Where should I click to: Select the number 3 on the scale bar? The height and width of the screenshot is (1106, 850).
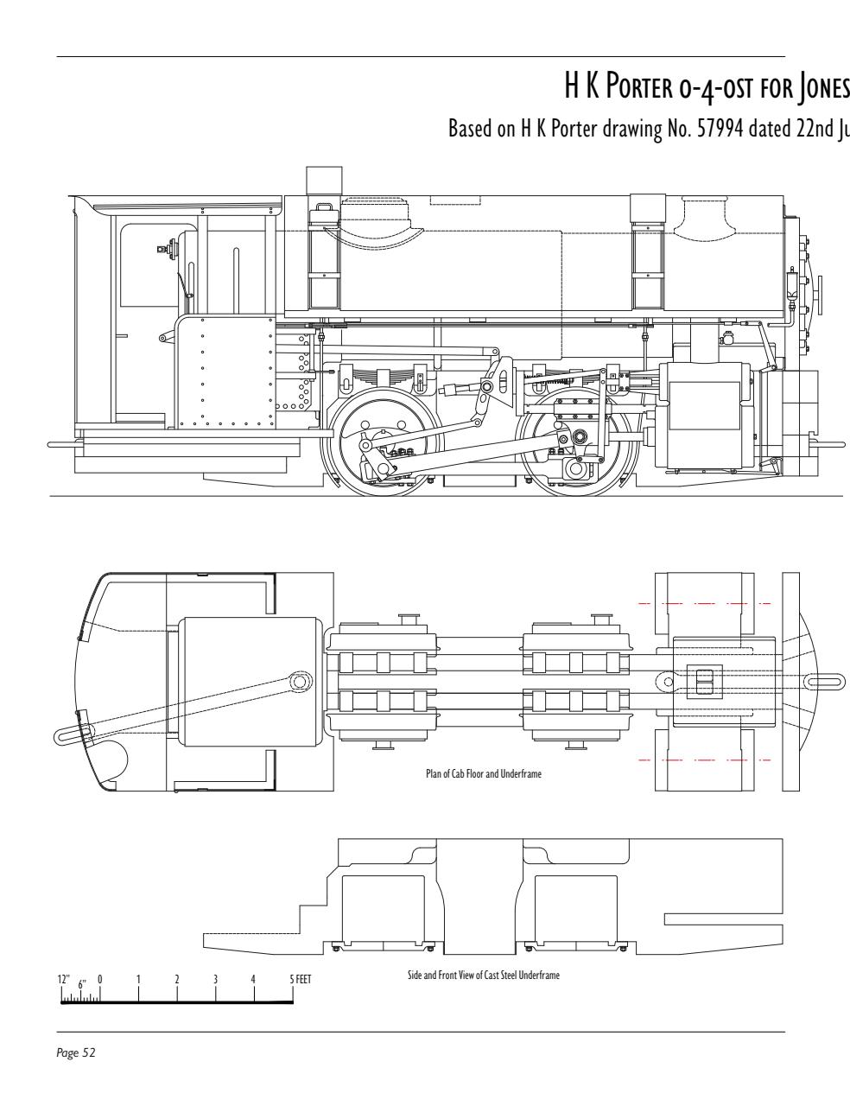pos(215,980)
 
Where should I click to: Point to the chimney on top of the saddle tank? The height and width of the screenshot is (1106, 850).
pos(319,181)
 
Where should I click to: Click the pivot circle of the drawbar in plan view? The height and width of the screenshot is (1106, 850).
pos(299,681)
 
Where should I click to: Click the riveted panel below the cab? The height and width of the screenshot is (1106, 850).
pos(225,372)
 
